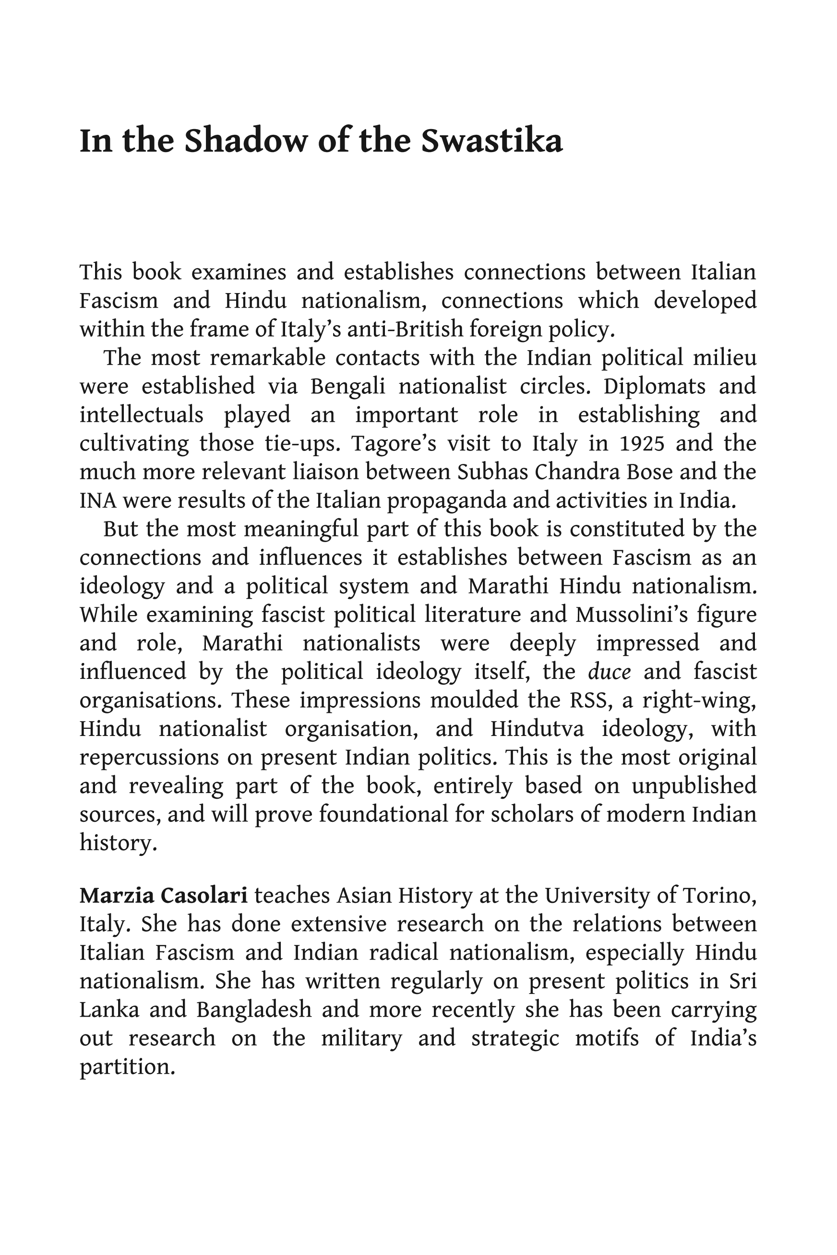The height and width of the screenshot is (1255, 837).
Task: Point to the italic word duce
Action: pyautogui.click(x=609, y=672)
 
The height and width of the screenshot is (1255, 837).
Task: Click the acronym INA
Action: pyautogui.click(x=97, y=501)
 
